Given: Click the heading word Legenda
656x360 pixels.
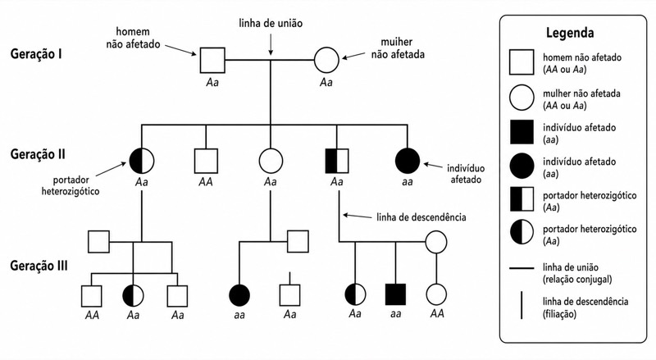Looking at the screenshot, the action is (570, 33).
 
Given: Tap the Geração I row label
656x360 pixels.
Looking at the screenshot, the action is (36, 54).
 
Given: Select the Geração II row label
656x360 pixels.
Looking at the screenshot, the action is (38, 154).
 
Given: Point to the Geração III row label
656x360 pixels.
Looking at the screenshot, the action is (39, 266).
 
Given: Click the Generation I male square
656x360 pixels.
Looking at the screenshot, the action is (212, 61).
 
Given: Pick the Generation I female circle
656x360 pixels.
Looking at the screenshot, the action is (326, 60).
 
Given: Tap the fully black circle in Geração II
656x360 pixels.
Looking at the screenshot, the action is (408, 161).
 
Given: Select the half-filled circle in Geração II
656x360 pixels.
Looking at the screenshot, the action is (141, 162).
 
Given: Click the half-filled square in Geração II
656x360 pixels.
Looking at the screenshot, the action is (337, 161).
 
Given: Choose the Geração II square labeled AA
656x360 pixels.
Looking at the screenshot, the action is (206, 161).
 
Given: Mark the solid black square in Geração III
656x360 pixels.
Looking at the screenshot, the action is (395, 294).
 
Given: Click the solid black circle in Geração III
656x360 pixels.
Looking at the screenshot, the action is (239, 294).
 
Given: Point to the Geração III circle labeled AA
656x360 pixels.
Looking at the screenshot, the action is (436, 294).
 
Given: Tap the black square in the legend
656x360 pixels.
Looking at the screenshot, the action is (522, 132).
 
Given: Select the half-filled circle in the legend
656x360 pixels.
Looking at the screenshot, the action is (522, 232).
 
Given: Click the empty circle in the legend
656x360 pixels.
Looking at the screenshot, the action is (522, 98).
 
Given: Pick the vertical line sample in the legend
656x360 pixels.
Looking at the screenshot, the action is (522, 306).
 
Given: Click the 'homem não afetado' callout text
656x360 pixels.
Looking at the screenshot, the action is (133, 38).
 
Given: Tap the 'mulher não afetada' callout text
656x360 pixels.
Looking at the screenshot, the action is (398, 48).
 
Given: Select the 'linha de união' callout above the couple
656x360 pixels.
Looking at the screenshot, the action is (271, 23).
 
